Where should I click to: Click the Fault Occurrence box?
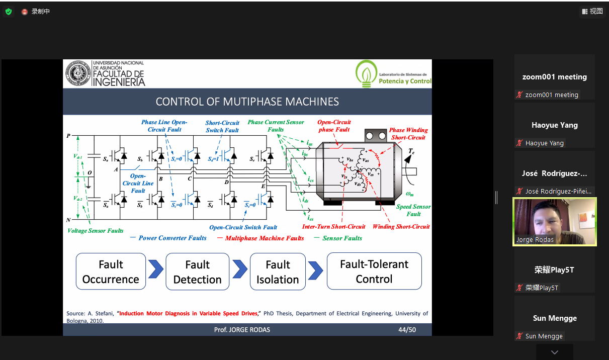click(x=111, y=272)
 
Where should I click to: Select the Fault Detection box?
click(x=197, y=272)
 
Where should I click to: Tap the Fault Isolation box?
click(x=278, y=272)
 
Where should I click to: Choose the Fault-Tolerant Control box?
click(x=374, y=272)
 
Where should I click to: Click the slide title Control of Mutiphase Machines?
click(x=247, y=102)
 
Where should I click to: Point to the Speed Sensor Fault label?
click(x=413, y=210)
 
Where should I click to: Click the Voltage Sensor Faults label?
click(x=96, y=231)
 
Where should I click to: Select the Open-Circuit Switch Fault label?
click(x=243, y=227)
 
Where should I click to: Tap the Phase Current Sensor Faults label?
click(x=276, y=126)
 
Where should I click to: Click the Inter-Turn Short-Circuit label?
click(x=333, y=227)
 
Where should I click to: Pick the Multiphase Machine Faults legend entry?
click(x=265, y=238)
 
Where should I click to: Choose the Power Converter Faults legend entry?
click(x=172, y=238)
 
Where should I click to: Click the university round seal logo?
click(x=78, y=73)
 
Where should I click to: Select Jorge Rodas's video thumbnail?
click(x=554, y=221)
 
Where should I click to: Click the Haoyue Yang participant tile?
click(x=554, y=130)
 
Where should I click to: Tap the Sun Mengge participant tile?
click(x=554, y=323)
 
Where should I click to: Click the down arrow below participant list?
click(x=554, y=352)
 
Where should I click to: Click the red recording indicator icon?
click(x=25, y=12)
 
